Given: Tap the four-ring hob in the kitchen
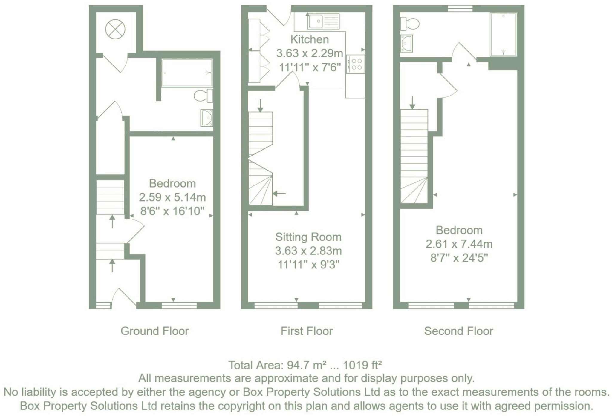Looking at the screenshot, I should point(356,64).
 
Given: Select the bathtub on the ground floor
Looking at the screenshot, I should point(187,73).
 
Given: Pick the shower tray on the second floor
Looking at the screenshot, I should point(503,34).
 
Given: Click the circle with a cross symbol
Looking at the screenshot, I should point(115,29).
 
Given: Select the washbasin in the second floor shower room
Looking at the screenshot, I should point(407,43).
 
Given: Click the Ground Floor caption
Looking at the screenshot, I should point(154,331).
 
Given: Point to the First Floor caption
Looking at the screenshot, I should point(307,331).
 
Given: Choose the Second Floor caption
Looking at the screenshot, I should point(458,331).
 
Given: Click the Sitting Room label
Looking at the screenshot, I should point(308,237).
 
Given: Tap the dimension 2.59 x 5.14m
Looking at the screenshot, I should point(172,197).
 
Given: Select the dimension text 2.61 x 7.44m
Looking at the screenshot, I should point(459,244).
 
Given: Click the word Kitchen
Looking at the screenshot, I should point(310,39).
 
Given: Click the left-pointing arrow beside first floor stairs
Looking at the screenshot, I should point(279,194).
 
